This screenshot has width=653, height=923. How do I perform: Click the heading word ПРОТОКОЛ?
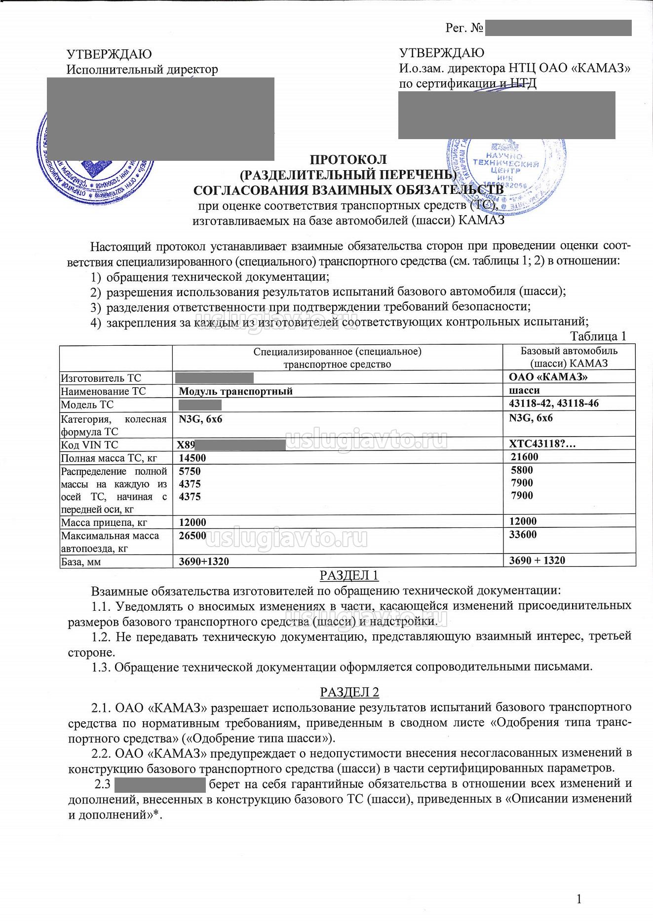[348, 159]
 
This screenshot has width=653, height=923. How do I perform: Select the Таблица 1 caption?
[598, 336]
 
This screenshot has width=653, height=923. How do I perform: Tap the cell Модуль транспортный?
[235, 391]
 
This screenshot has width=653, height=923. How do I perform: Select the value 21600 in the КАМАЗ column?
[525, 457]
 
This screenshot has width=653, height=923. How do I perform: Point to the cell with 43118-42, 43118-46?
[553, 404]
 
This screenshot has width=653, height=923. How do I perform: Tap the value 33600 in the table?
[523, 535]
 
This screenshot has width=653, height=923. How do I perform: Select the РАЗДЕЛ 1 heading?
[349, 575]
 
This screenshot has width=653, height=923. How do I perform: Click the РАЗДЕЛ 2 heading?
[349, 692]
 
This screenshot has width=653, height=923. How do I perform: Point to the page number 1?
[579, 899]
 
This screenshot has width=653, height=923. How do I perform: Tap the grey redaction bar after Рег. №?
[558, 28]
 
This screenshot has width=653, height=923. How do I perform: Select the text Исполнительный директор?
[142, 70]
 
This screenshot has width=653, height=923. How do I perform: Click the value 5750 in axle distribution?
[190, 471]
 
